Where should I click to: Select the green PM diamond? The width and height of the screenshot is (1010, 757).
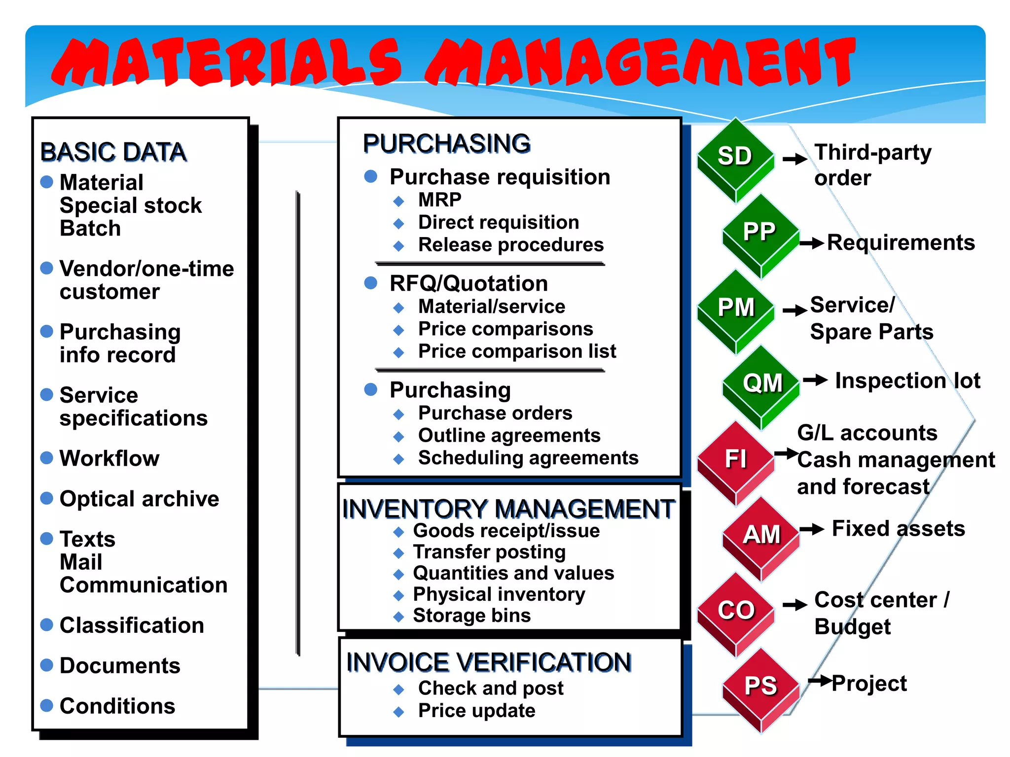735,309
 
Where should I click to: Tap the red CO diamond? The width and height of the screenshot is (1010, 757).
735,612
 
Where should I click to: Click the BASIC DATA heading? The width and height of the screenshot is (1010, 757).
113,152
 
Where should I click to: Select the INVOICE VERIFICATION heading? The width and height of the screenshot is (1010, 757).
489,662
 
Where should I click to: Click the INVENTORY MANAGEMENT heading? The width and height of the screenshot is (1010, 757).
508,509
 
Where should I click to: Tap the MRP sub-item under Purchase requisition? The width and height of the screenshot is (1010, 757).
440,200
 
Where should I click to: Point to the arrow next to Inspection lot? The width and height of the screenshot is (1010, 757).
815,379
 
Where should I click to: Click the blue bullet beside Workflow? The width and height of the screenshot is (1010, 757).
47,458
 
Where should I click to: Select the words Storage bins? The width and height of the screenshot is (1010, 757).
472,616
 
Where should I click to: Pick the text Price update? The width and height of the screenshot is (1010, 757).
477,711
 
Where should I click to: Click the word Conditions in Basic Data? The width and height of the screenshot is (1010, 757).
117,706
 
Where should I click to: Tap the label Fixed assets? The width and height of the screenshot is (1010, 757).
898,529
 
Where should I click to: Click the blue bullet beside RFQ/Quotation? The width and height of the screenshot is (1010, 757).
371,283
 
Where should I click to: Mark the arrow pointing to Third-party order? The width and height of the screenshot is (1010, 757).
795,159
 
